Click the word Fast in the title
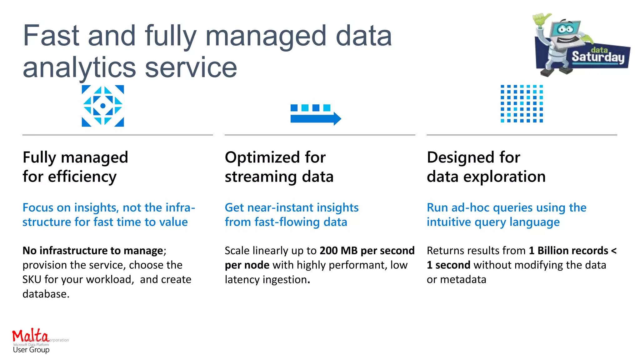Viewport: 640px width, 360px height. (51, 36)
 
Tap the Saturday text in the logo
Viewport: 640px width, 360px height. (598, 57)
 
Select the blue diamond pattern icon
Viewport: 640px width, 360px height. (103, 106)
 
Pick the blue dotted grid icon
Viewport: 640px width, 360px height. (522, 104)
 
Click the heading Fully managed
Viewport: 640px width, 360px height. (75, 157)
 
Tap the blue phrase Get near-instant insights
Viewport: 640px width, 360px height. (292, 208)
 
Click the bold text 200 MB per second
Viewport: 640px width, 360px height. (367, 251)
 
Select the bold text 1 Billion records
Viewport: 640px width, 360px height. (568, 251)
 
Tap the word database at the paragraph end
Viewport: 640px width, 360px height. (46, 294)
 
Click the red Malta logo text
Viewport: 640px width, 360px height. (30, 336)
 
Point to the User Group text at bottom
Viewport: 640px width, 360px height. (31, 350)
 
